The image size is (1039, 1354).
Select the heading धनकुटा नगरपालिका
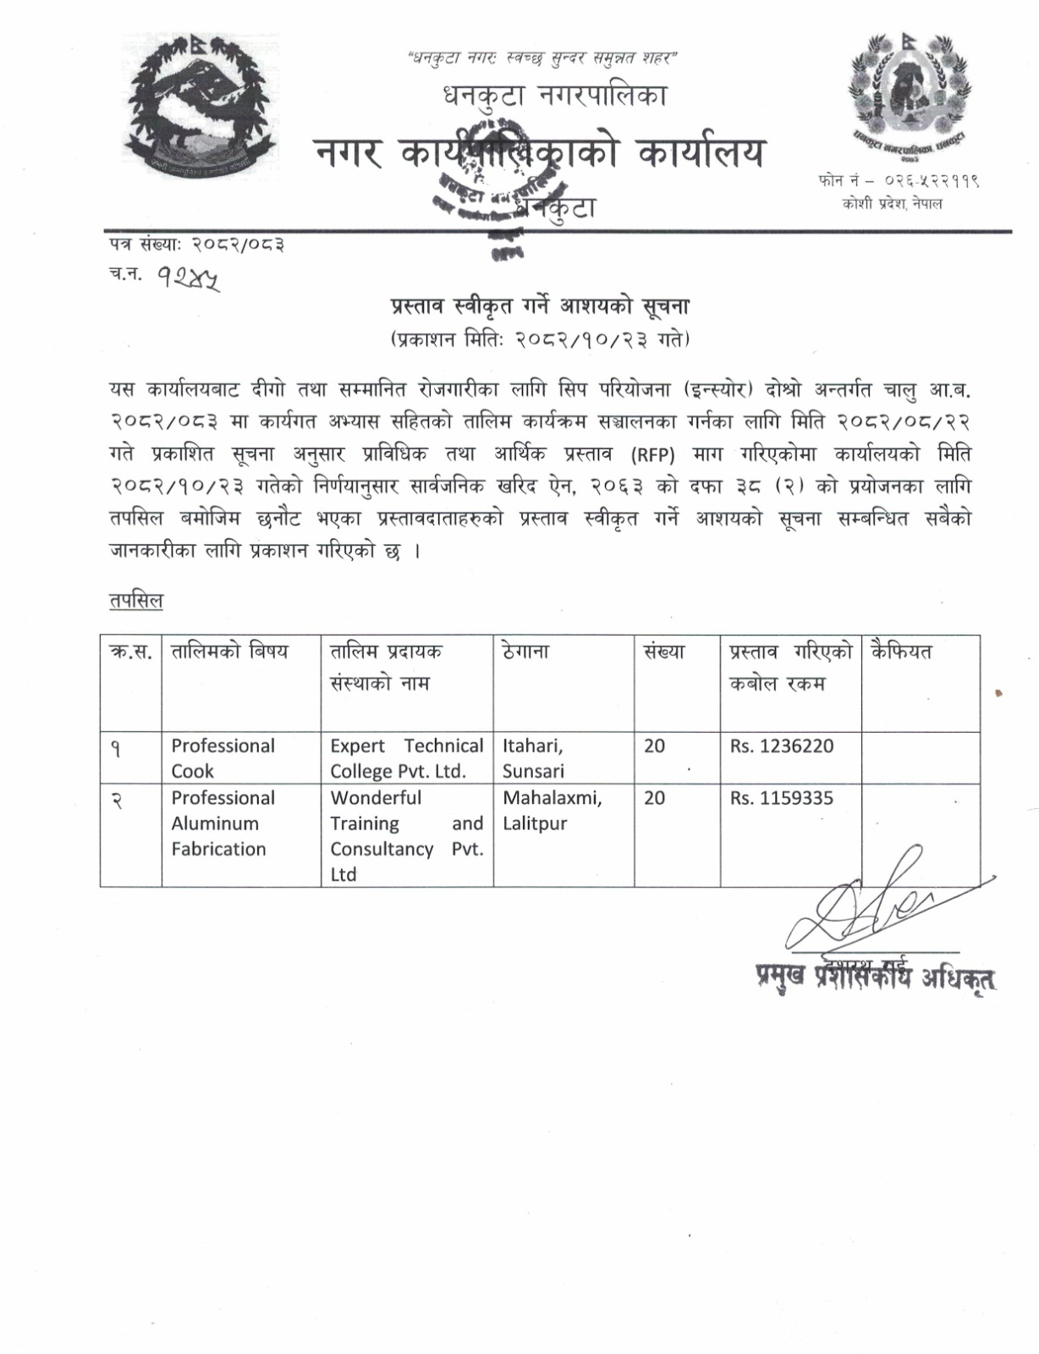tap(555, 96)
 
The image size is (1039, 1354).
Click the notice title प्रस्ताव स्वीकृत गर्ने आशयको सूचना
tap(539, 305)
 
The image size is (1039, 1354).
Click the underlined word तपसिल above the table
tap(136, 601)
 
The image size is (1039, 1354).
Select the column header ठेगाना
tap(525, 652)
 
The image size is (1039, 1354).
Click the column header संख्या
tap(663, 652)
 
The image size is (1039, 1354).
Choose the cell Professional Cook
tap(223, 758)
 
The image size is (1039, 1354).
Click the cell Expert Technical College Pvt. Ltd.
tap(406, 758)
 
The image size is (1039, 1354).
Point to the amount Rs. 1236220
tap(782, 746)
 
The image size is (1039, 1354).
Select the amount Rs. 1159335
tap(782, 798)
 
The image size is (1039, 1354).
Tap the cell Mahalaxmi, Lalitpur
tap(552, 811)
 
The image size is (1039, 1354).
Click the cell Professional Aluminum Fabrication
tap(223, 823)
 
